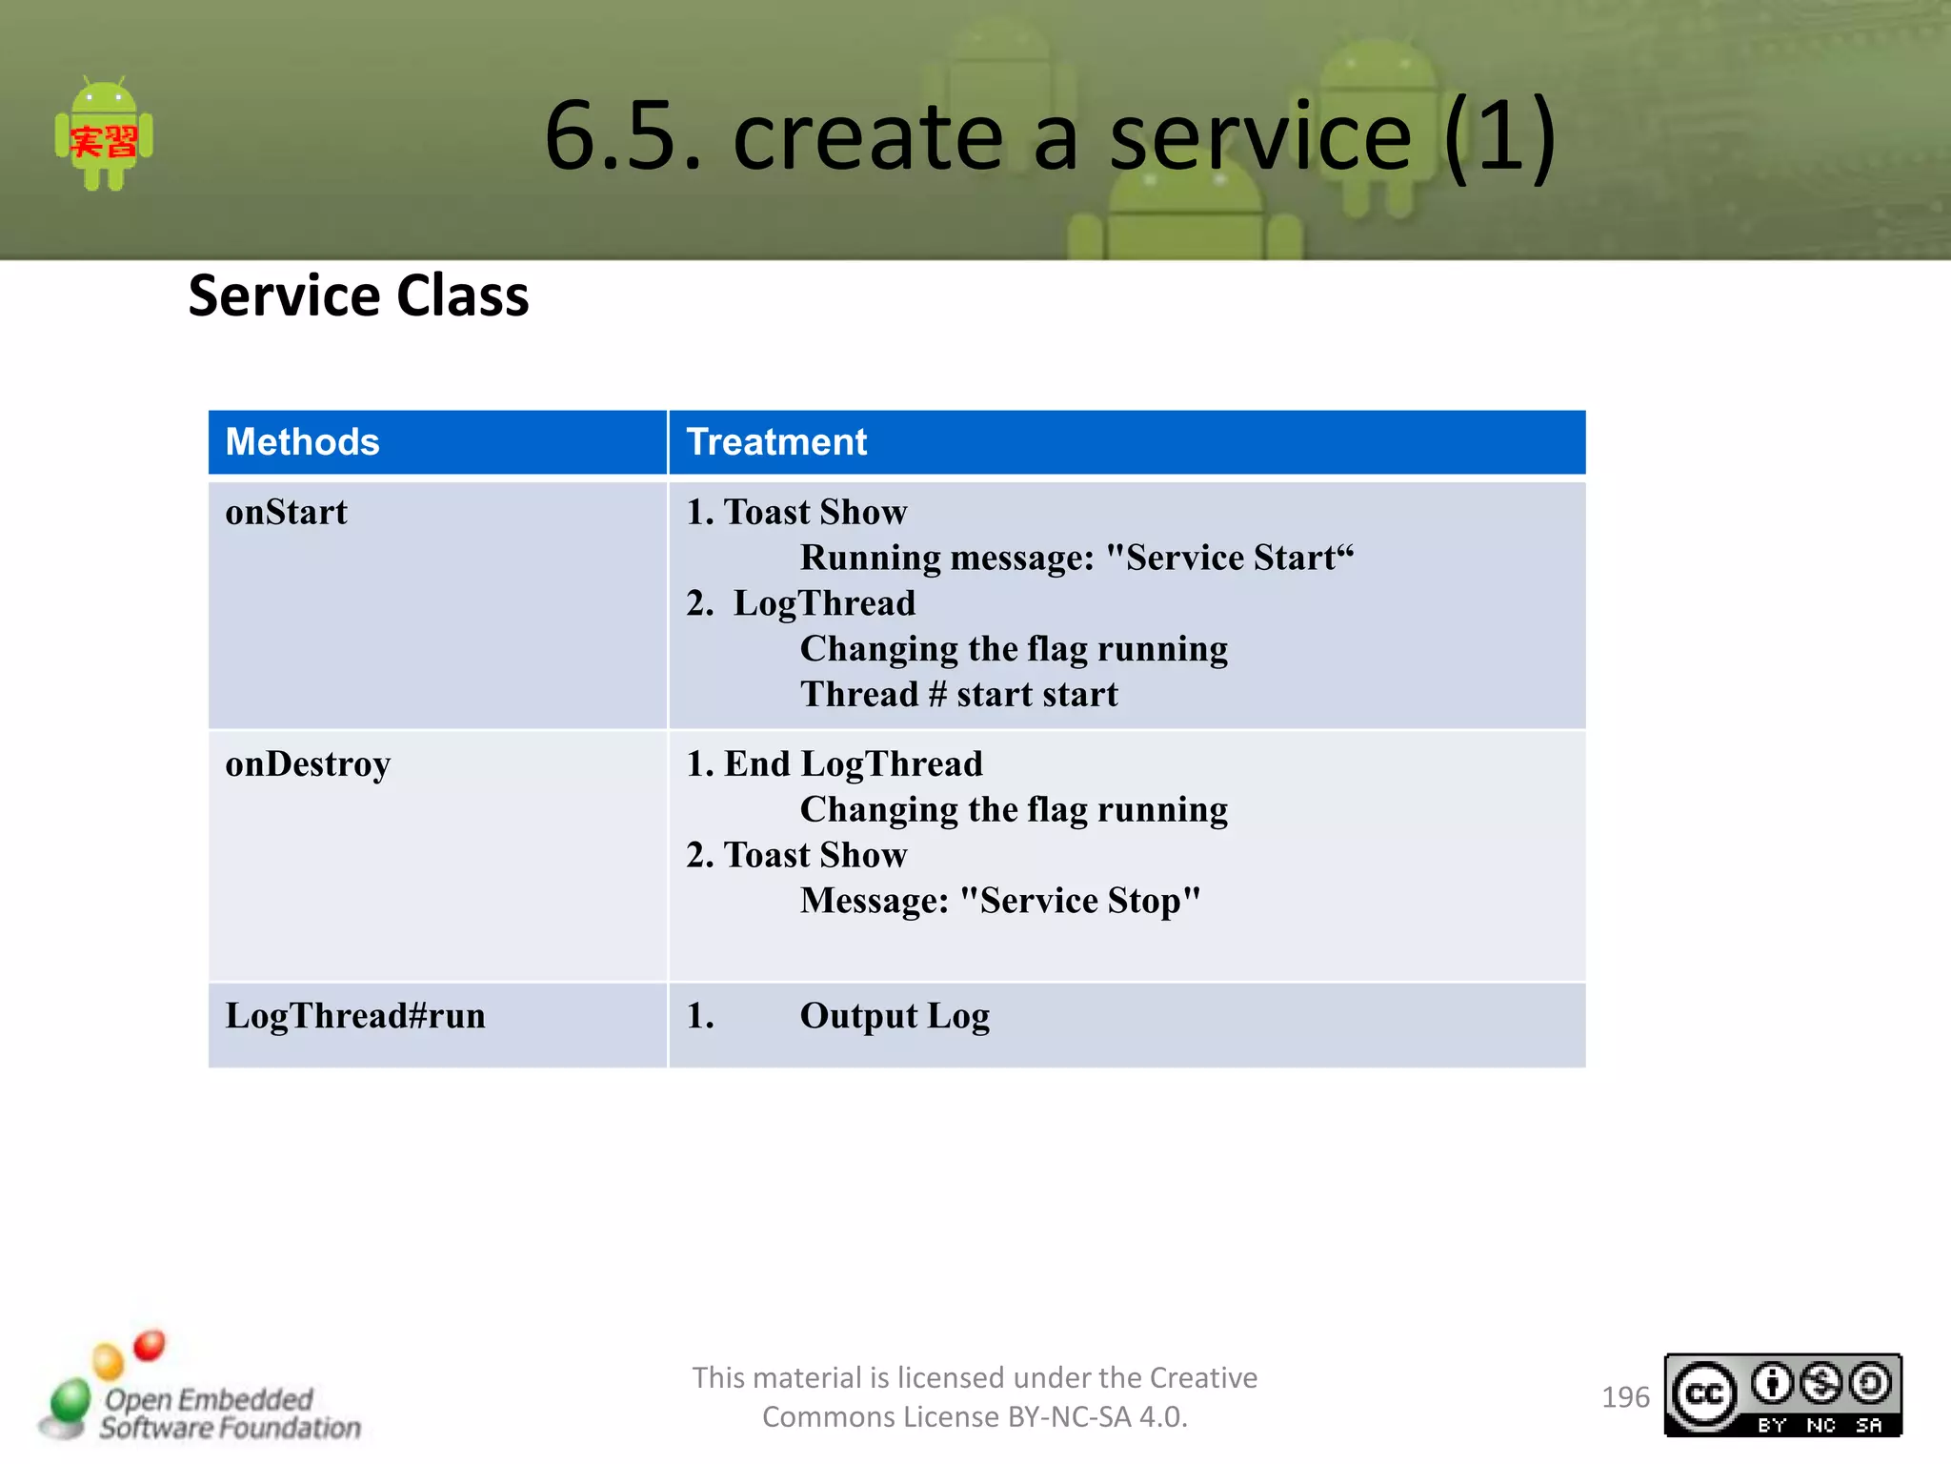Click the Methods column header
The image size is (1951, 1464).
click(302, 442)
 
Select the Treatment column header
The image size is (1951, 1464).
click(776, 442)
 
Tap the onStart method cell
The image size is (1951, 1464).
click(286, 513)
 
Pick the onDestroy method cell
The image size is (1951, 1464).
click(308, 764)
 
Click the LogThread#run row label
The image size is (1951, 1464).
click(355, 1016)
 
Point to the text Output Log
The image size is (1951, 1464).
click(894, 1016)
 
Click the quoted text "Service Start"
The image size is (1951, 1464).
click(1229, 558)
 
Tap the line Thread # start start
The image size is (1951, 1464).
click(958, 695)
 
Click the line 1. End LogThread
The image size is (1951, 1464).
click(835, 764)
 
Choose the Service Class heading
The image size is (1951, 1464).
click(358, 295)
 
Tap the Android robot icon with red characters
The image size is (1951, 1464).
click(104, 135)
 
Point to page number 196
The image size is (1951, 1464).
click(1625, 1397)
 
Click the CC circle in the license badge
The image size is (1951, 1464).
click(1703, 1395)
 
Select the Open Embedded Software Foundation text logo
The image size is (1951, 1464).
click(229, 1413)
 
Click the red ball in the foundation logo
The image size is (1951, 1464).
click(150, 1345)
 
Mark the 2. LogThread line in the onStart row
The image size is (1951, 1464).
click(801, 603)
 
